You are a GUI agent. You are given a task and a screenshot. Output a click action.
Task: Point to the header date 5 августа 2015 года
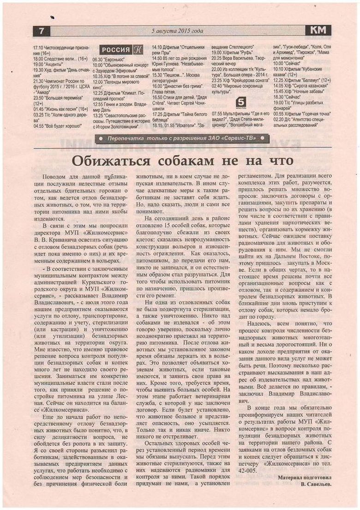coord(177,31)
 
